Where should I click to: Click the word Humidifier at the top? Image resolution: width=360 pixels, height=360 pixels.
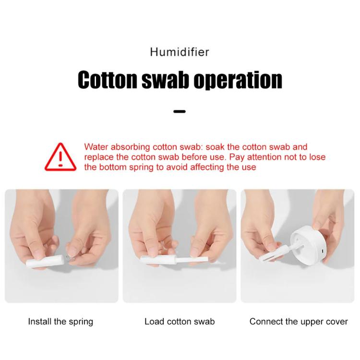(180, 52)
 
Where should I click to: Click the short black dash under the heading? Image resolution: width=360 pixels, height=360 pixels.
(180, 111)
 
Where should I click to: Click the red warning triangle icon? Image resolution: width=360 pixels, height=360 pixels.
(60, 157)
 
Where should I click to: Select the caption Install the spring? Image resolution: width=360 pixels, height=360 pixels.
(60, 322)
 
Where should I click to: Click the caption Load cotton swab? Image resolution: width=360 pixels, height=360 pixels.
(180, 322)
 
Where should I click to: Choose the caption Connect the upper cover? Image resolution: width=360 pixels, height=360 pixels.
(299, 322)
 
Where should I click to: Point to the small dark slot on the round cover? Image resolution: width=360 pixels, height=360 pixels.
(322, 251)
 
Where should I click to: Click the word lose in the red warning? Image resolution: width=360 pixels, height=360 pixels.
(318, 157)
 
